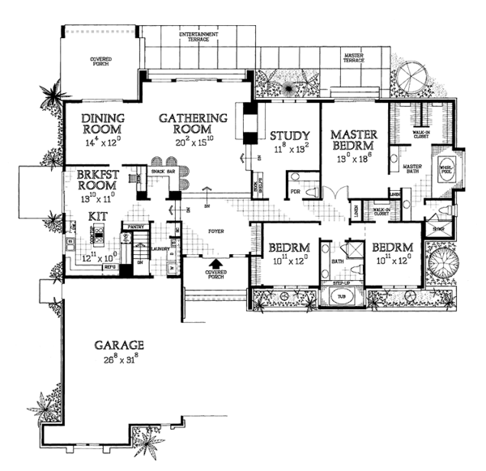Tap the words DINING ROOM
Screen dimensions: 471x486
[102, 122]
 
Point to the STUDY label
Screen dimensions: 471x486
[287, 135]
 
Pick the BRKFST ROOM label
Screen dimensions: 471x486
[100, 180]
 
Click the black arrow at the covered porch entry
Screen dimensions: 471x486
[215, 263]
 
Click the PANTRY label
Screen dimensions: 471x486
[136, 229]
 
